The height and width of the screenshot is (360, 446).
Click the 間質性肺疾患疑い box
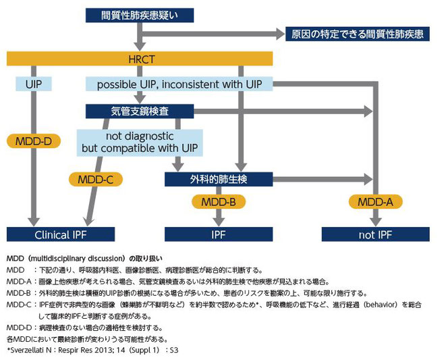point(139,15)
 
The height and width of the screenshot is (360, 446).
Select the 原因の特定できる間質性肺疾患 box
point(358,33)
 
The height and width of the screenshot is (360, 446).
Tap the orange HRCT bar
point(138,59)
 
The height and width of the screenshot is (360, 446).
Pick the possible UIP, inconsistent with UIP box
point(179,84)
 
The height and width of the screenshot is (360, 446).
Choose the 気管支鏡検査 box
point(140,110)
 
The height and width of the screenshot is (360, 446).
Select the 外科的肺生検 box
point(219,179)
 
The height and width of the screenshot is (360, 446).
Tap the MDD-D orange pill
point(32,142)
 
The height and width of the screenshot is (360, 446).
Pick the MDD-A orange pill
point(375,201)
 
